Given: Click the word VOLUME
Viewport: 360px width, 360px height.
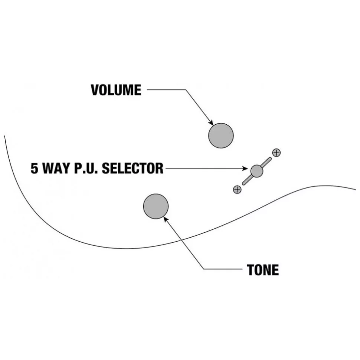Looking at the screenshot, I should (x=116, y=90).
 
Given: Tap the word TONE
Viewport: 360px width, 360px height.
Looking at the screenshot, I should (x=263, y=270).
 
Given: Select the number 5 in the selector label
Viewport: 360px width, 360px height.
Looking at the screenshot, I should (x=34, y=168).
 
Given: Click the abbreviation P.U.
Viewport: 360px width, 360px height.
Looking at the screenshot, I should (x=86, y=168).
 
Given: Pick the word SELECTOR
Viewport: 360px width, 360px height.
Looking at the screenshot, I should (x=132, y=168).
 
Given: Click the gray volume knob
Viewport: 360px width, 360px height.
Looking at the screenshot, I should (x=221, y=135).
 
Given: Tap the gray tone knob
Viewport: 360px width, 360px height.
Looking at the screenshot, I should (x=156, y=206).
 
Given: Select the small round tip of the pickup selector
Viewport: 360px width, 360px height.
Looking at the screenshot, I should (x=256, y=171).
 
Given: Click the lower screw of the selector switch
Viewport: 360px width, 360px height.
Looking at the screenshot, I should (x=237, y=189).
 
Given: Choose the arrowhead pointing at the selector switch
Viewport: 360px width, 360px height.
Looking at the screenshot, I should (x=246, y=169).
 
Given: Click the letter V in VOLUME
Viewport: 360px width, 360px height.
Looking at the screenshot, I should (x=95, y=90).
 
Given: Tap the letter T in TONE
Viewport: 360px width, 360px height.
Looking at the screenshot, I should (x=251, y=270).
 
